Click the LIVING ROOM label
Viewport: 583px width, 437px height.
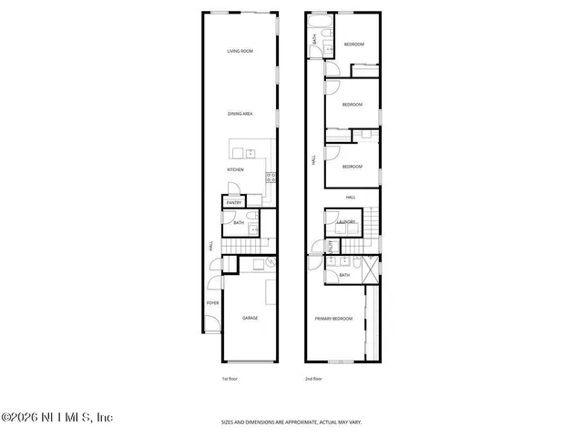pos(240,51)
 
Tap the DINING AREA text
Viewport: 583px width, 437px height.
pos(240,114)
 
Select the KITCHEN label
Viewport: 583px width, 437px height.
pos(236,169)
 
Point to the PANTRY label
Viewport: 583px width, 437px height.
pos(233,202)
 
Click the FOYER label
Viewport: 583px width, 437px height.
pos(212,302)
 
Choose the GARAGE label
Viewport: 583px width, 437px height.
pos(250,318)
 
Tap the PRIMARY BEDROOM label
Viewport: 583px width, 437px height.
pos(334,318)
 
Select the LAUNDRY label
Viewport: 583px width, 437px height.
pos(345,222)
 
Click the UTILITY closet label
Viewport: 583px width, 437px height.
pos(331,246)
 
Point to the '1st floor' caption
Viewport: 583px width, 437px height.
pos(230,378)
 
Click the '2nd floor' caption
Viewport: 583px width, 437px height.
pos(313,378)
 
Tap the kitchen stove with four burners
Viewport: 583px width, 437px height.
pos(270,178)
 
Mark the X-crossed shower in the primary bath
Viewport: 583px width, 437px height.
pos(368,270)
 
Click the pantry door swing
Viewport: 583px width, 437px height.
pos(233,192)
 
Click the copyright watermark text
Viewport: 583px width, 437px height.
pos(56,418)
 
